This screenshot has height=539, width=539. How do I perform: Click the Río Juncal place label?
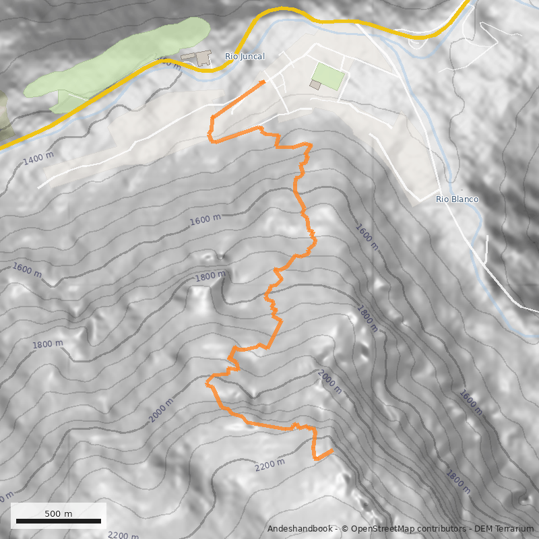coord(245,57)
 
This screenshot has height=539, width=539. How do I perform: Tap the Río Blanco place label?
coord(457,199)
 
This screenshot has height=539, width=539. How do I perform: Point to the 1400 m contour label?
coord(38,159)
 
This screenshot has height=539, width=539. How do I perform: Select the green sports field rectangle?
coord(328,75)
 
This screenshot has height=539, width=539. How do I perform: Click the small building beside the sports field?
coord(315,84)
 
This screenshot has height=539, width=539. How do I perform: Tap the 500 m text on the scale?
coord(58,513)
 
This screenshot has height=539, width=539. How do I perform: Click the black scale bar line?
coord(58,521)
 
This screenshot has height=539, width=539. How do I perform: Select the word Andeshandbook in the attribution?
coord(298,529)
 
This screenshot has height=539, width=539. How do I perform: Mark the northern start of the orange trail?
coord(263,82)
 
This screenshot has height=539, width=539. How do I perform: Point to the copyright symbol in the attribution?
coord(345,529)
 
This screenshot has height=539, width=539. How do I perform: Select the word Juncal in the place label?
coord(253,57)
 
